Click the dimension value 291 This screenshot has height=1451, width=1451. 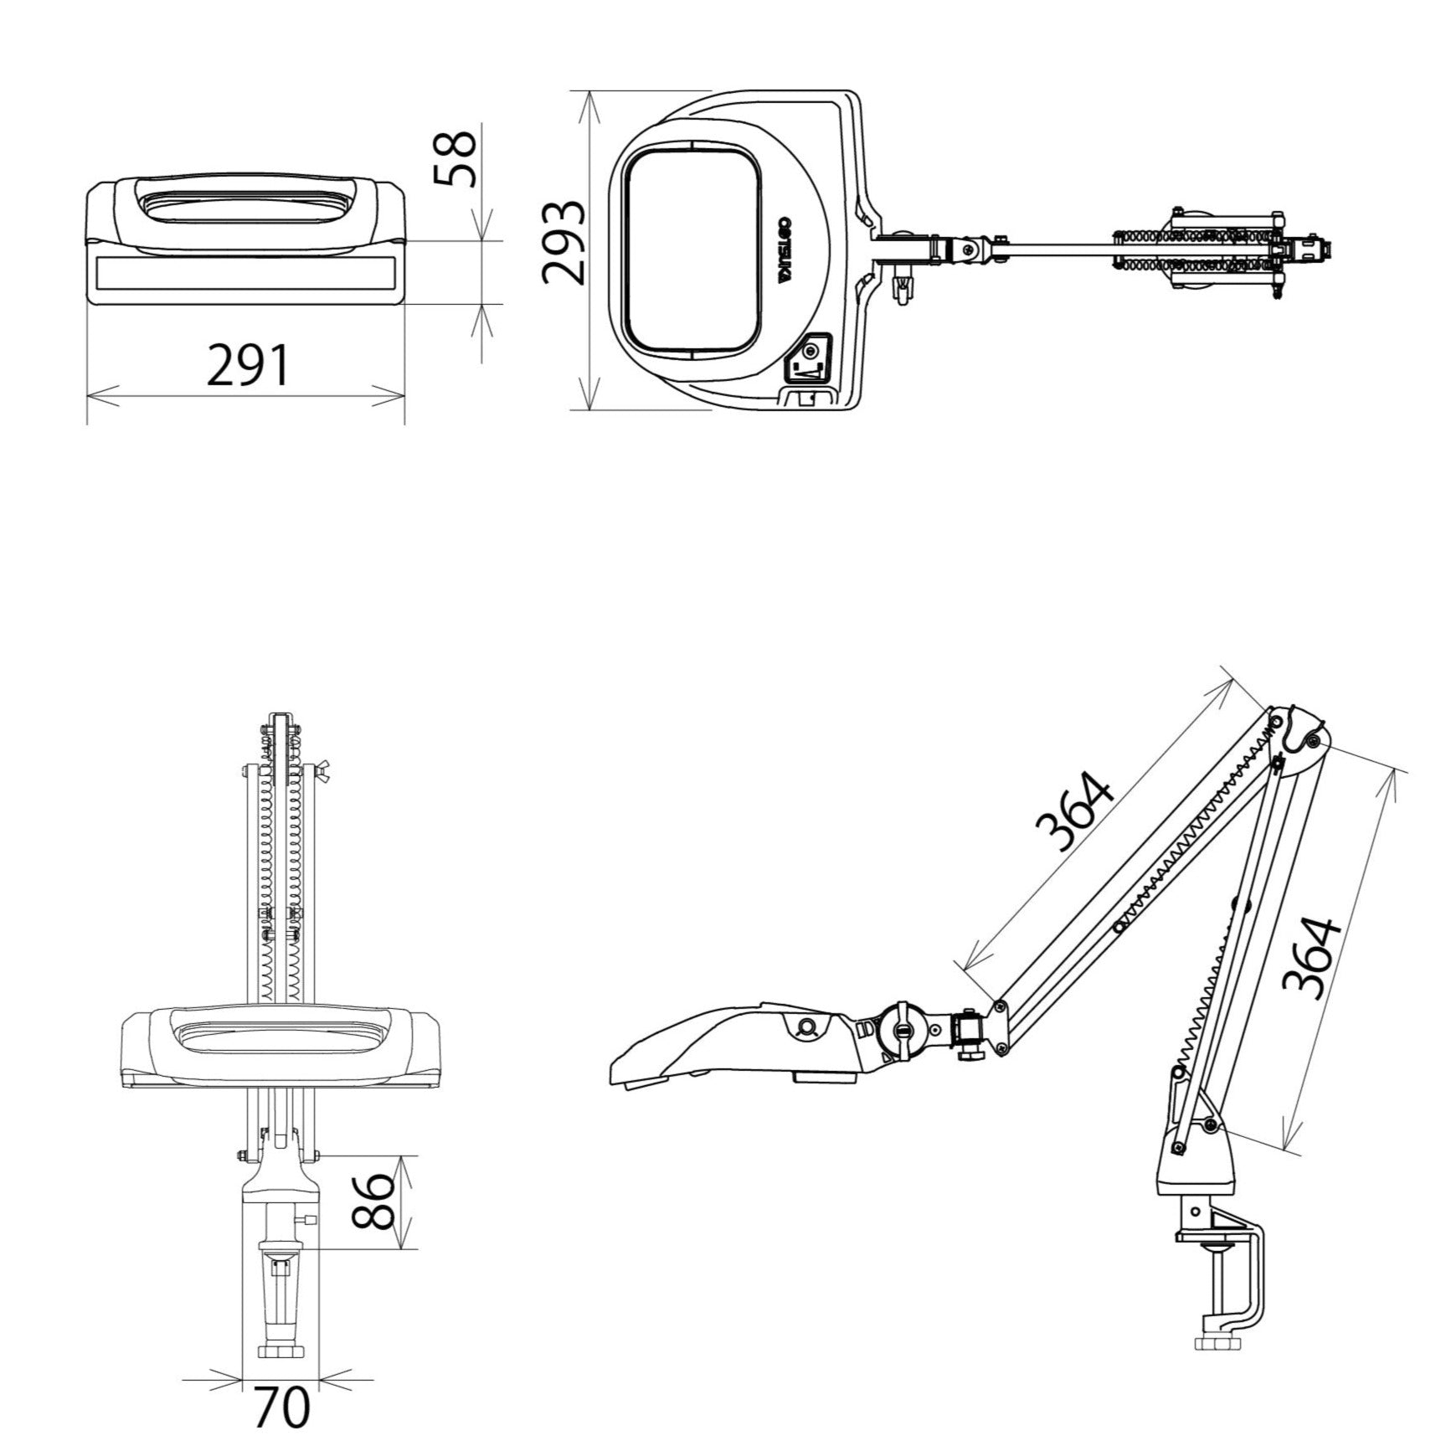click(248, 365)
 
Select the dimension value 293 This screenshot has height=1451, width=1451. click(563, 244)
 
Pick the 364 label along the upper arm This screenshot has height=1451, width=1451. click(1075, 811)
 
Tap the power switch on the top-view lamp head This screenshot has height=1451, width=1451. click(810, 358)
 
